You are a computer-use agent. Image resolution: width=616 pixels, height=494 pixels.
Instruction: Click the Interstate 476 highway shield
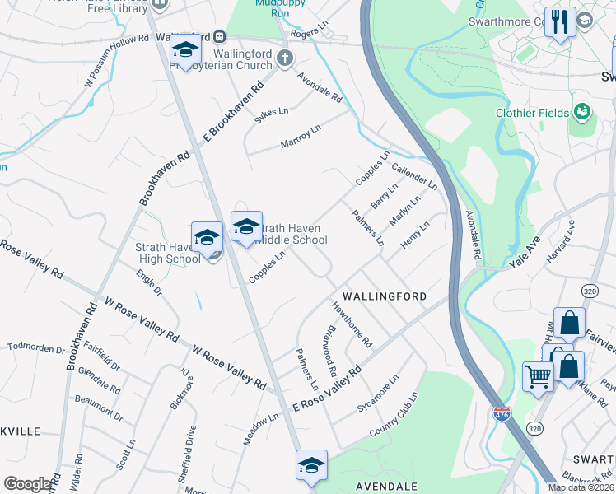point(502,414)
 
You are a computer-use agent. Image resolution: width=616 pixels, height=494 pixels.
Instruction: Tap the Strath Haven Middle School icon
point(246,226)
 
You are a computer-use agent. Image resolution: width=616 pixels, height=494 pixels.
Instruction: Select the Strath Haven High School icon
point(207,237)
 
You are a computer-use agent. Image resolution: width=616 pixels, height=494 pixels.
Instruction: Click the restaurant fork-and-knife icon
point(560,21)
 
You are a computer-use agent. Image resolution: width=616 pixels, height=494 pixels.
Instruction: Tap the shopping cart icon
point(538,377)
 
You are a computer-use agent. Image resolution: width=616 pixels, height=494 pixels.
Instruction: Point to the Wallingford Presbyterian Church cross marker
point(285,58)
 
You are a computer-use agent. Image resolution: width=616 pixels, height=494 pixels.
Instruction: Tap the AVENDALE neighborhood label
point(386,487)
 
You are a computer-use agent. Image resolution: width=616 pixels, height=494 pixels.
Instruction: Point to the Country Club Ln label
point(394,415)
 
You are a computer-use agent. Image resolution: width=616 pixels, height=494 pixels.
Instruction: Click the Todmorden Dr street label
point(35,348)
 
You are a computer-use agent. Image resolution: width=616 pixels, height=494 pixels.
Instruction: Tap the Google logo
point(28,484)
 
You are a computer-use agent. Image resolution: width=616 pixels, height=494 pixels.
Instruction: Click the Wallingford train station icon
point(220,37)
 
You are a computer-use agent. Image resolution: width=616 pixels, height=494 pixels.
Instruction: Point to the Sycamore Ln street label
point(377,394)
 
